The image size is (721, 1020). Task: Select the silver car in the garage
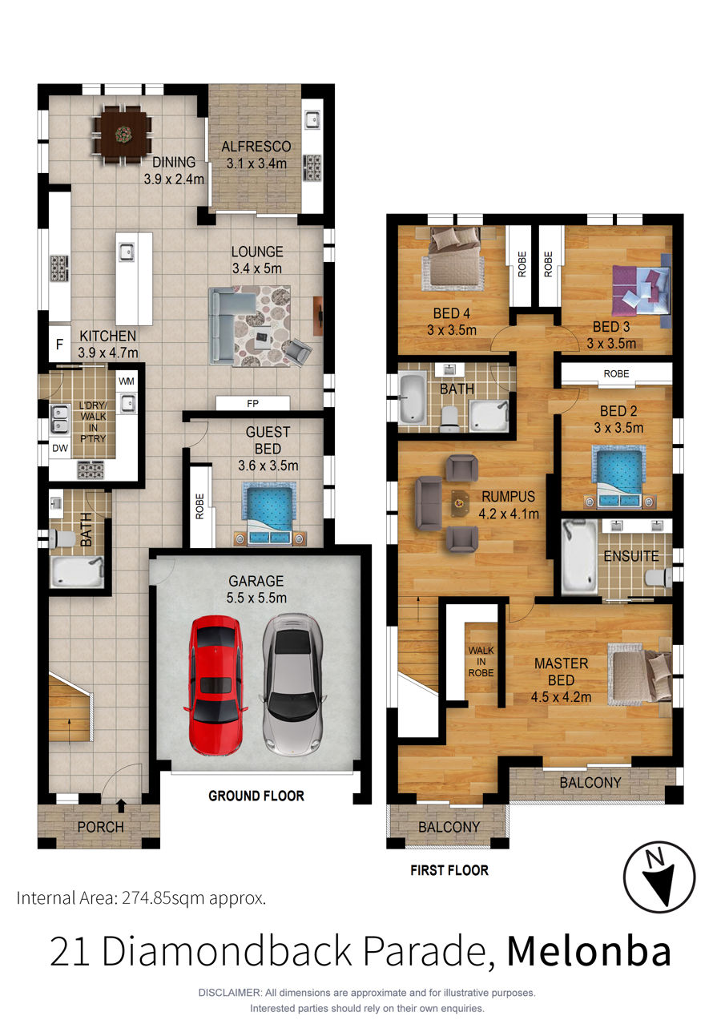[292, 685]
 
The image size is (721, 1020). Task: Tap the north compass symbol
[659, 877]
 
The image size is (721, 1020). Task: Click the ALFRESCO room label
[256, 147]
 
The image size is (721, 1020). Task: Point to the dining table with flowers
[123, 135]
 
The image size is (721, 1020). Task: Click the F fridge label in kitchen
[59, 345]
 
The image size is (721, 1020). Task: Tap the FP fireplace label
[252, 403]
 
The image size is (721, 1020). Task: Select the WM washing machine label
[127, 381]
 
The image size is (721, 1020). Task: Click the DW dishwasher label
[60, 448]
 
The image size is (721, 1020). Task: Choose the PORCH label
[100, 827]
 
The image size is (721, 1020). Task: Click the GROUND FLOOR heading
[256, 796]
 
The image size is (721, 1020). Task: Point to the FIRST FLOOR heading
[449, 870]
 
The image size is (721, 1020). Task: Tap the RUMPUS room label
[509, 496]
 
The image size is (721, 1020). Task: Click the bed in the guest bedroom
[268, 514]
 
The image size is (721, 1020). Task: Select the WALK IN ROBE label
[481, 662]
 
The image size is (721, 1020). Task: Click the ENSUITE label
[631, 556]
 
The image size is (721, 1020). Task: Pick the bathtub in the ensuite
[579, 557]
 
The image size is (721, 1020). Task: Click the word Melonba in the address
[589, 951]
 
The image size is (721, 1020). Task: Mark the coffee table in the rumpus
[461, 502]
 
